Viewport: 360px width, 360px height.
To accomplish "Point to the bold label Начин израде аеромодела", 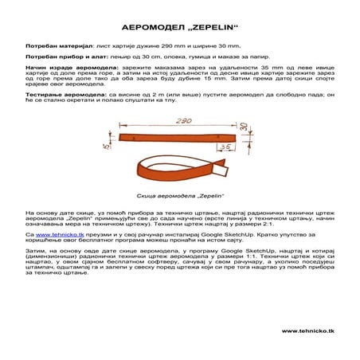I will [65, 70].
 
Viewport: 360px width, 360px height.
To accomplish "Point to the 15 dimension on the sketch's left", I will [104, 146].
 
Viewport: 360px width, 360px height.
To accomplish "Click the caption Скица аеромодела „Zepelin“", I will [179, 194].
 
